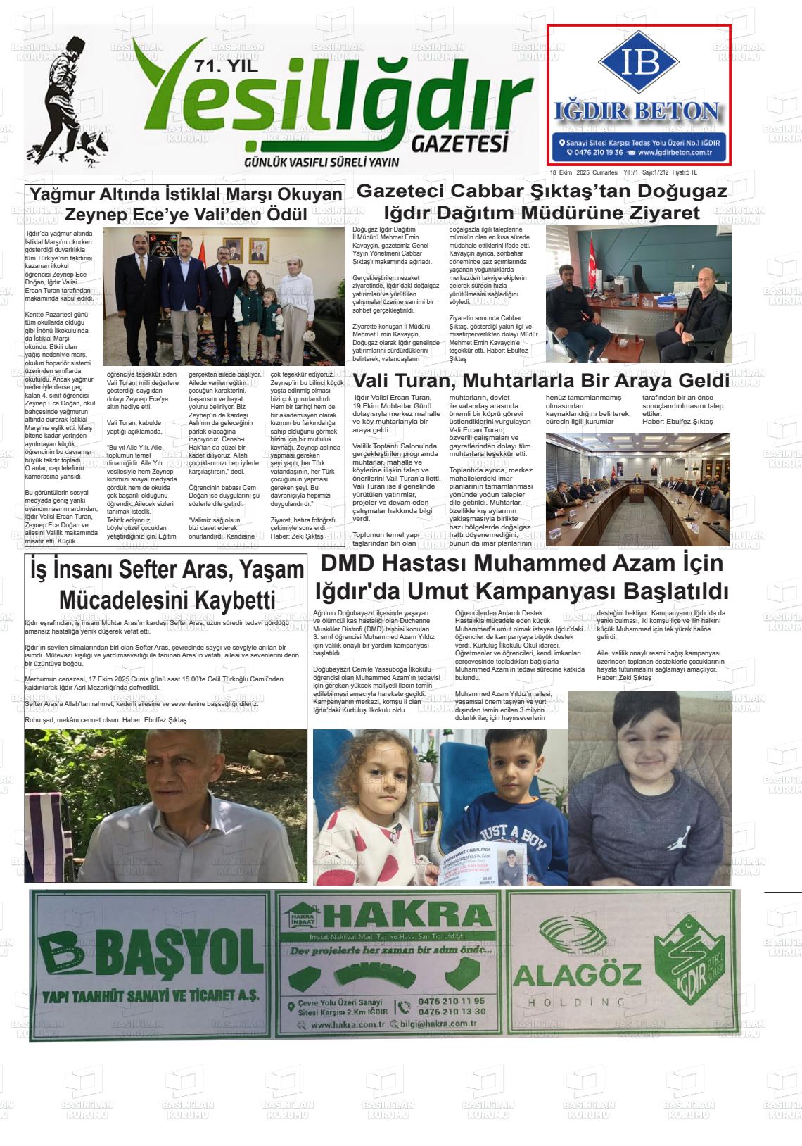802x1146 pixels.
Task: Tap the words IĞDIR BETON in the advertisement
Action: pos(638,111)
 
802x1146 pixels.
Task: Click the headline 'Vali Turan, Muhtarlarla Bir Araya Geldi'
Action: pos(540,381)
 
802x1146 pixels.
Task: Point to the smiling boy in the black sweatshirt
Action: pos(650,781)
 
